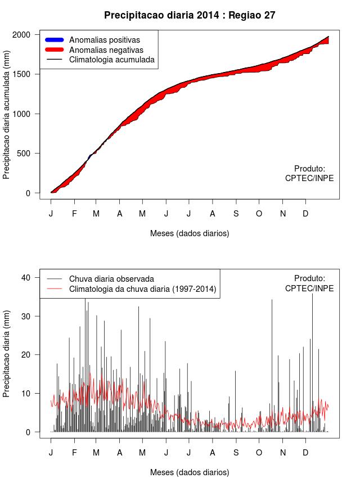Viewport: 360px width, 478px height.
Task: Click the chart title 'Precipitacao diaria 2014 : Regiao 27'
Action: [190, 15]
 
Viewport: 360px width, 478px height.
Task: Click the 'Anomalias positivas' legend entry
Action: [104, 40]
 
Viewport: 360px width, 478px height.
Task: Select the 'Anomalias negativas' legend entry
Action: [106, 50]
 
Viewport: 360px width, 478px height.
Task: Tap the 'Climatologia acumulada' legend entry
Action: [111, 60]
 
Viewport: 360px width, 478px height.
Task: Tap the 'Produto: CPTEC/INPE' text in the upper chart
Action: [309, 173]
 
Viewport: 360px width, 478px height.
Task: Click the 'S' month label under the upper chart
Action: [236, 214]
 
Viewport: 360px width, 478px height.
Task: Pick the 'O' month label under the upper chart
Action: [259, 214]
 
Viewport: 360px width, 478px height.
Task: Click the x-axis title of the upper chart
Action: [190, 233]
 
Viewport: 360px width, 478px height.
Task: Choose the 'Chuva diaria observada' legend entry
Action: [111, 279]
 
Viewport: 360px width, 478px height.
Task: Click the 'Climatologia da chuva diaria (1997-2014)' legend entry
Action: [142, 289]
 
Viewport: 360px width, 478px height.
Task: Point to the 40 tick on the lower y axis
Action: [25, 277]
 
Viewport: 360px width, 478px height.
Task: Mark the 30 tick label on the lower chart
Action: [25, 316]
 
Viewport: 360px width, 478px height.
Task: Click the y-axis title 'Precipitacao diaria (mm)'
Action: [7, 355]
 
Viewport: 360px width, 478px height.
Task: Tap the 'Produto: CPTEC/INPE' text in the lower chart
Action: [309, 283]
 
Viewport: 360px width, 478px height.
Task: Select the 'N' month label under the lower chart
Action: [283, 453]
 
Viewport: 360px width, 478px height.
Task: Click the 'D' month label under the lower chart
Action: [305, 453]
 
